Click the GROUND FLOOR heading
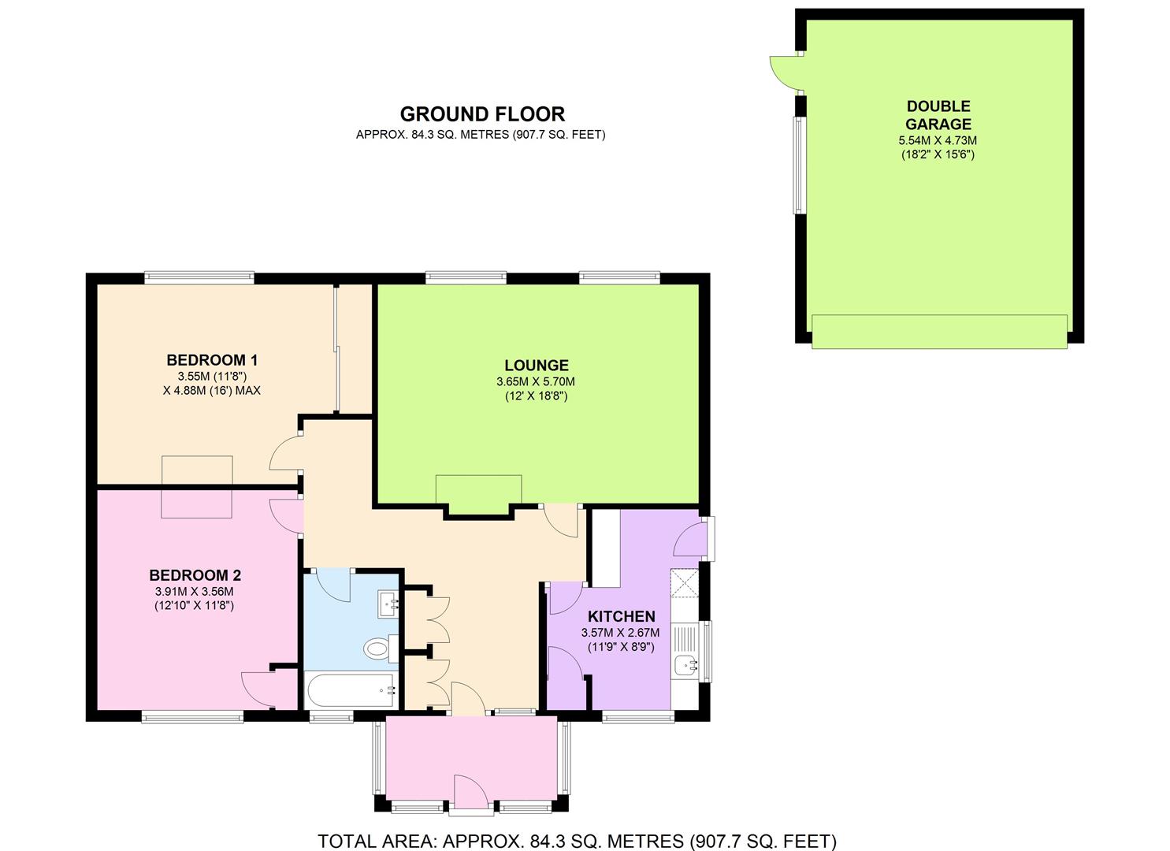click(x=482, y=114)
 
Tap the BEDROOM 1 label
click(x=212, y=360)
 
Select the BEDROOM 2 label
click(x=195, y=575)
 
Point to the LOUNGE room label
click(x=536, y=365)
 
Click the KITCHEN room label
click(x=621, y=616)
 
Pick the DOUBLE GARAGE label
click(x=938, y=115)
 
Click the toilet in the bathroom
click(x=381, y=648)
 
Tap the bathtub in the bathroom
click(x=351, y=690)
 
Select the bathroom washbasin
click(x=388, y=605)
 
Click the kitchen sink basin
click(x=685, y=667)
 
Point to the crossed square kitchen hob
click(x=684, y=583)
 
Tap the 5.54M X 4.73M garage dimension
click(x=938, y=140)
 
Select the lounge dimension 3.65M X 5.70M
click(x=536, y=382)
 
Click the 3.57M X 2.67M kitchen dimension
click(x=621, y=633)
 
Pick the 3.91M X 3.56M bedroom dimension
click(x=195, y=591)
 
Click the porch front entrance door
click(x=470, y=795)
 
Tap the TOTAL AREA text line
click(x=578, y=841)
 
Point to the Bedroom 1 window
click(x=199, y=277)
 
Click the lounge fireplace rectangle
click(x=478, y=489)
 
